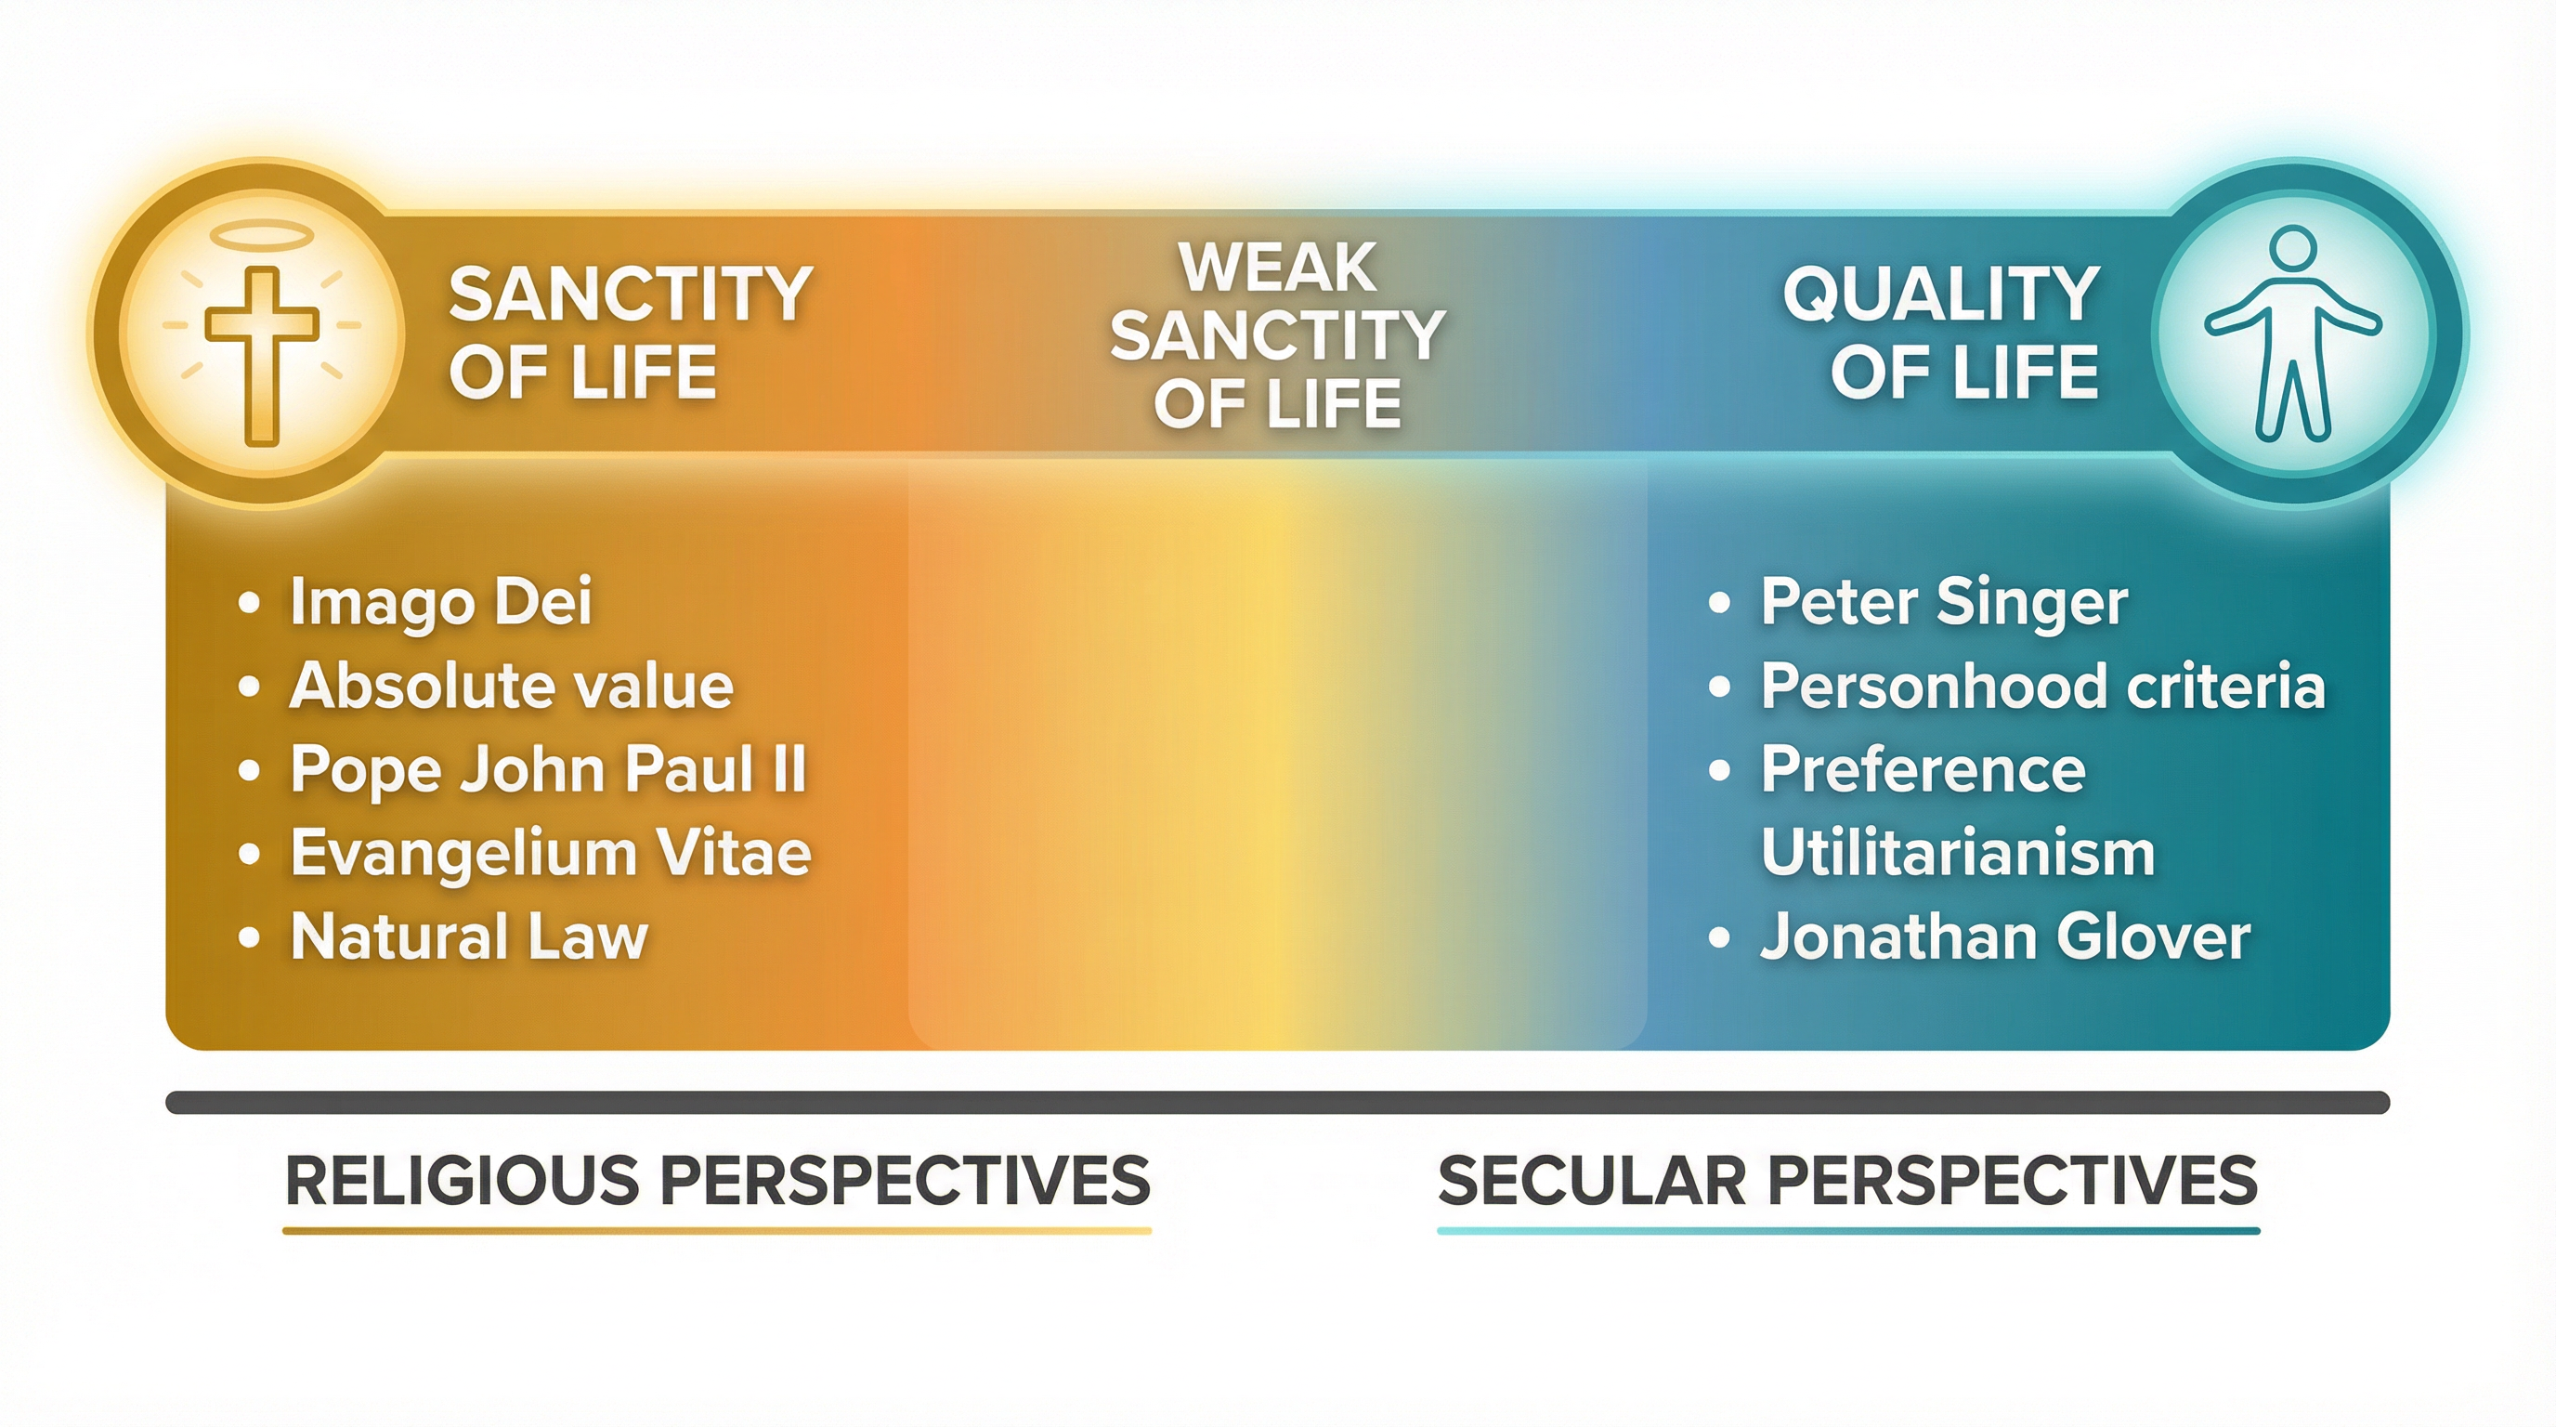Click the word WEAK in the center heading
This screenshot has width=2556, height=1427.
pos(1277,268)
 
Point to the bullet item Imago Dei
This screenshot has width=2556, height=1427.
pos(440,601)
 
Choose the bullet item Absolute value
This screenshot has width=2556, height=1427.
pos(511,686)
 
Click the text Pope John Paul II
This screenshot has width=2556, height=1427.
pos(549,769)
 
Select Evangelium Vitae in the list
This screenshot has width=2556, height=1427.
pos(551,854)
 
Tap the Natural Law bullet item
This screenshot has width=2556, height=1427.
pos(468,936)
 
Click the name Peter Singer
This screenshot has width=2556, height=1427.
pos(1944,601)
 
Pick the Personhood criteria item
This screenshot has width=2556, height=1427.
pos(2042,686)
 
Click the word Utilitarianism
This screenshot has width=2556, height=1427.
pos(1958,854)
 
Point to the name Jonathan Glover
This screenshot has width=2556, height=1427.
pos(2004,936)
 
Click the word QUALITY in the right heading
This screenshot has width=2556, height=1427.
pos(1941,295)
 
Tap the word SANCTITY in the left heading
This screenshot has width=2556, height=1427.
pos(631,295)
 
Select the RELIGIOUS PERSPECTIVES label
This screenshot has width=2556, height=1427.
pos(717,1180)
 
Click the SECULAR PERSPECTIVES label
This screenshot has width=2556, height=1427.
pos(1847,1180)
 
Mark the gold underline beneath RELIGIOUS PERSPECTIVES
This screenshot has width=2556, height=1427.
pos(717,1231)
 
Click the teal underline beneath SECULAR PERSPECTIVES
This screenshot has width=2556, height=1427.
pos(1847,1231)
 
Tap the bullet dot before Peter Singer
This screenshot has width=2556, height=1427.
pos(1719,602)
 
